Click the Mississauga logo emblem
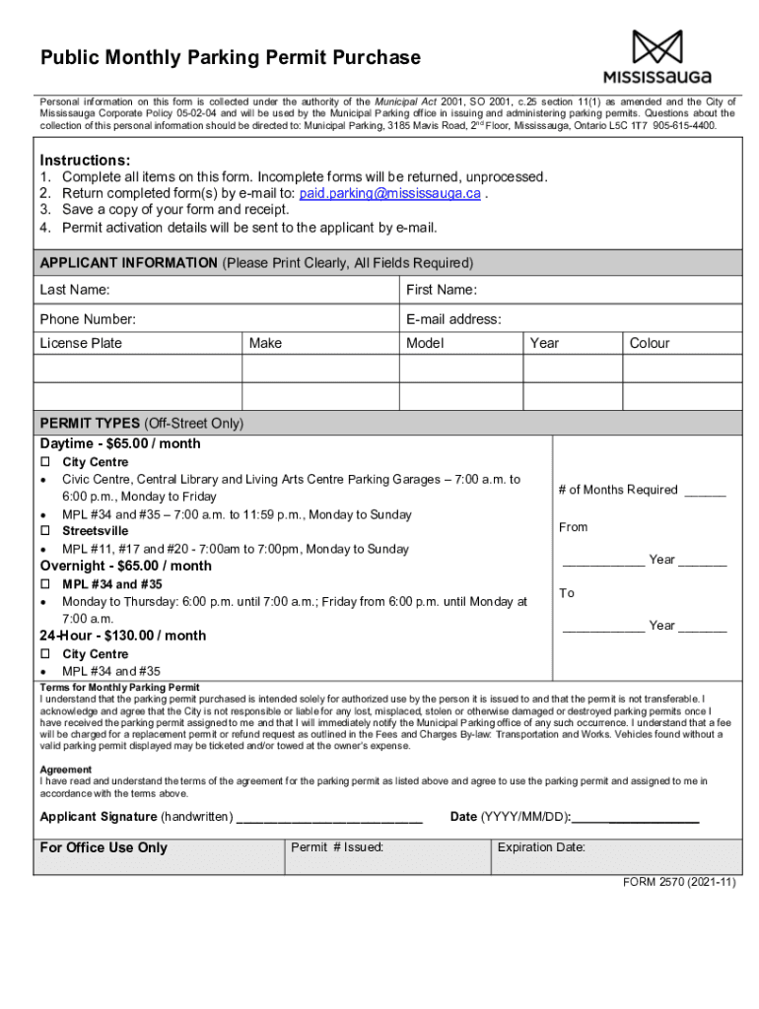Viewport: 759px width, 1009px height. coord(656,46)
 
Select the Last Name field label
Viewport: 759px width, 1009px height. coord(75,290)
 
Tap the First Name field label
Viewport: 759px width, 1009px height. coord(442,290)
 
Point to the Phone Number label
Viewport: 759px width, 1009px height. coord(88,319)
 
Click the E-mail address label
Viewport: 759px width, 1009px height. coord(453,319)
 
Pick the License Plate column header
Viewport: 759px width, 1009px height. coord(81,343)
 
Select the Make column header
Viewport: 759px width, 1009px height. coord(265,343)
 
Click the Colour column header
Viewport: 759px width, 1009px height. coord(649,343)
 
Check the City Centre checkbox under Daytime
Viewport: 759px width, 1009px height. coord(45,462)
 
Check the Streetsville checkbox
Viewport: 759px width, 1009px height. coord(45,531)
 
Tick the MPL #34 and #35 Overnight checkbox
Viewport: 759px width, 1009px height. coord(45,584)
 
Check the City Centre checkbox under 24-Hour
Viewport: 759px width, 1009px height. coord(45,654)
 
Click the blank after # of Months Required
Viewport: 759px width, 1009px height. coord(705,491)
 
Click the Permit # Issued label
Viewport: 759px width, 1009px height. coord(337,847)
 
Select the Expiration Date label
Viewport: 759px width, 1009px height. coord(541,847)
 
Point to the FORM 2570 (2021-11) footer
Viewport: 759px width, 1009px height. coord(678,883)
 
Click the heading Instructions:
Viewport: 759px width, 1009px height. coord(85,160)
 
